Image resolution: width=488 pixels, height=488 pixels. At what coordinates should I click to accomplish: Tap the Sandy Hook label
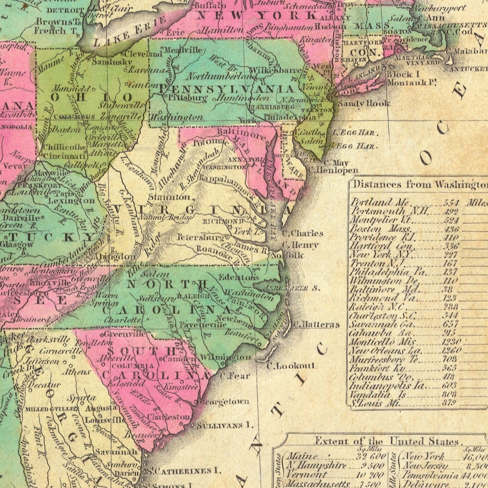(364, 103)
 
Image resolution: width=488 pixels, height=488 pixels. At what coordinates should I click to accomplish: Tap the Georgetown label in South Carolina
(224, 402)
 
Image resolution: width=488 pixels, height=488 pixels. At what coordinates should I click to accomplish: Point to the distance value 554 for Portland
(451, 203)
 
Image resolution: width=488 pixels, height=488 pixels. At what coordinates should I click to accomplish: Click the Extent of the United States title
(386, 441)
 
